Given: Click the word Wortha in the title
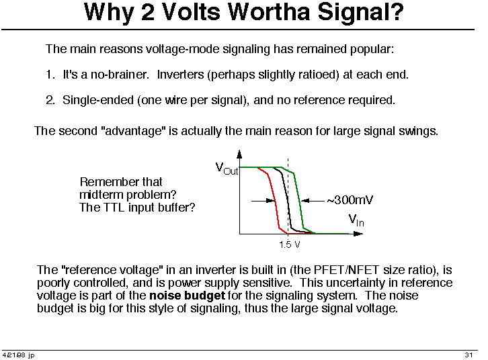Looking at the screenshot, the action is pyautogui.click(x=269, y=13).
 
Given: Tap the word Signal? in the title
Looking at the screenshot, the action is pyautogui.click(x=360, y=13).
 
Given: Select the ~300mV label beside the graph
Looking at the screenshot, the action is pyautogui.click(x=350, y=200).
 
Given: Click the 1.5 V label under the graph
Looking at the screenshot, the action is pyautogui.click(x=290, y=244).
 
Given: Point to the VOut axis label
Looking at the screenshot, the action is pyautogui.click(x=227, y=169).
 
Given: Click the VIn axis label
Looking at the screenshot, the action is pyautogui.click(x=356, y=220).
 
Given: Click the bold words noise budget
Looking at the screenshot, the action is pyautogui.click(x=187, y=296).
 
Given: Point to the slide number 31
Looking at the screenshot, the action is pyautogui.click(x=469, y=355).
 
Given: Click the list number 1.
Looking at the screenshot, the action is pyautogui.click(x=50, y=75).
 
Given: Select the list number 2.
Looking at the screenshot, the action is pyautogui.click(x=50, y=100).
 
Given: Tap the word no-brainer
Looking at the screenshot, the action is pyautogui.click(x=120, y=75).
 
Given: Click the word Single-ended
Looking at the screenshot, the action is pyautogui.click(x=98, y=101).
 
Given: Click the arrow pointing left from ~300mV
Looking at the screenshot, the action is pyautogui.click(x=313, y=201).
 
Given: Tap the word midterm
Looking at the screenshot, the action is pyautogui.click(x=101, y=195).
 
